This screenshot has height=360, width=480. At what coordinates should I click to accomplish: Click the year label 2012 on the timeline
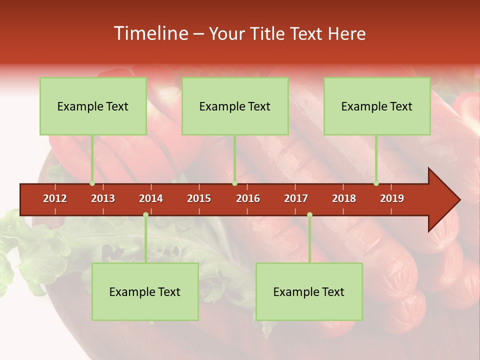[55, 198]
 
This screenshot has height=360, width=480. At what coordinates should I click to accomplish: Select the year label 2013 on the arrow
[103, 198]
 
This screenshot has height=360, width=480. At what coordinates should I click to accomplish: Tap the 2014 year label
[151, 198]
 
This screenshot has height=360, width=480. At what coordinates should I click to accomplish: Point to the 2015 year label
[199, 198]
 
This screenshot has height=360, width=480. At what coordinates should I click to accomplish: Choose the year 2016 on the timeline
[248, 198]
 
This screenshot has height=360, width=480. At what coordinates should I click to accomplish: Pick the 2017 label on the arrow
[296, 198]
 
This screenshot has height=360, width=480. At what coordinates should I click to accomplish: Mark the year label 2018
[344, 198]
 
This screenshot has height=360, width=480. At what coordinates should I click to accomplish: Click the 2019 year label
[392, 198]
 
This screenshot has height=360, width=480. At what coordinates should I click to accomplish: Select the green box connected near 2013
[93, 106]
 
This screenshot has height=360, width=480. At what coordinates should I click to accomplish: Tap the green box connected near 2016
[235, 106]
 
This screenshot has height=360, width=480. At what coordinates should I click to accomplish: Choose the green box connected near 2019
[377, 106]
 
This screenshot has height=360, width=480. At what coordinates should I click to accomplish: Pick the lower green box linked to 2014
[145, 291]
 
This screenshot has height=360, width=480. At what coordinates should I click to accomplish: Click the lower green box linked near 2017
[309, 291]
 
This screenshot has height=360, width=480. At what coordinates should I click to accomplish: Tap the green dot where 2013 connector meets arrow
[92, 183]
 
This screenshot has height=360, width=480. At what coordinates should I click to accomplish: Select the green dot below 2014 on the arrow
[145, 215]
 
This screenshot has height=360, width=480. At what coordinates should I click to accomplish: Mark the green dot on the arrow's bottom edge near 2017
[309, 215]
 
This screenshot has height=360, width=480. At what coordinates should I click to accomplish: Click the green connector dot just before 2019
[376, 183]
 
